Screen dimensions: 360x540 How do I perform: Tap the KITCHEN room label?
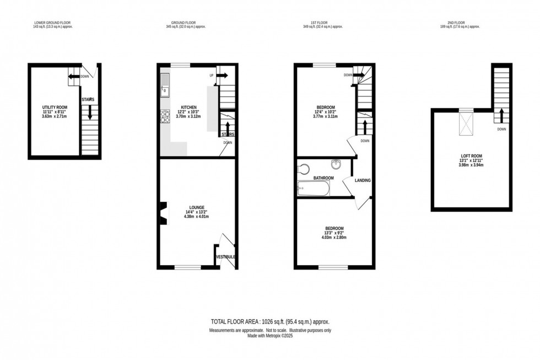[x=189, y=106]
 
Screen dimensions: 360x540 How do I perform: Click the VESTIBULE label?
[x=225, y=257]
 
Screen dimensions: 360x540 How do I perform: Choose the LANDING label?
[x=363, y=180]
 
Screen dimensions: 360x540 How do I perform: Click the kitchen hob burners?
[x=165, y=116]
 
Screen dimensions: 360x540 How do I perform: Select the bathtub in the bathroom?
[x=313, y=189]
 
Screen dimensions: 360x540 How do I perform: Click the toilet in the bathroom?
[x=304, y=169]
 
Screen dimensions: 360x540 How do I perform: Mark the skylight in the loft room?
[x=466, y=125]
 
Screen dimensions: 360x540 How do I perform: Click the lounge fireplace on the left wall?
[x=162, y=213]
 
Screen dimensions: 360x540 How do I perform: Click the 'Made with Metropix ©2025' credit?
[x=269, y=335]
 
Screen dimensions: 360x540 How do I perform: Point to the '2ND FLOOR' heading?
[x=459, y=24]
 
